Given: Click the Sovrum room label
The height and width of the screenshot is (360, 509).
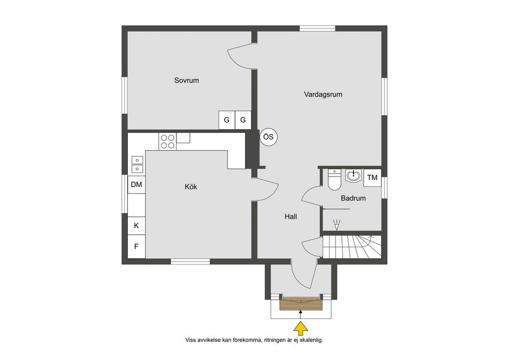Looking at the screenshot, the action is [x=186, y=80].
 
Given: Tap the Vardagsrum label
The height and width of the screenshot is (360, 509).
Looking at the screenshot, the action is [x=323, y=94].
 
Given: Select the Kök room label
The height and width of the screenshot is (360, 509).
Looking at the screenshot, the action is [x=191, y=186].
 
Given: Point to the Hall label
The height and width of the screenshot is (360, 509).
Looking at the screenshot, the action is [x=290, y=216].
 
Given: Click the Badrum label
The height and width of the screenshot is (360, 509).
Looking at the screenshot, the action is [x=353, y=198].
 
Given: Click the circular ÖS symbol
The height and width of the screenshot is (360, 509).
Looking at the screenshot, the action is [x=268, y=137].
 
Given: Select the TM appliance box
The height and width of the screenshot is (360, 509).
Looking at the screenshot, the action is [x=372, y=178].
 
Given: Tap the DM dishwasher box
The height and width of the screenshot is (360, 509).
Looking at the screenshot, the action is [x=136, y=184].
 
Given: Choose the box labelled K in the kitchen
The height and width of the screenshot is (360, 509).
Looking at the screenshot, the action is [x=136, y=226].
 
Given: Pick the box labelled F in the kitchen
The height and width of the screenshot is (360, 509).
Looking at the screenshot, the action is [x=136, y=247].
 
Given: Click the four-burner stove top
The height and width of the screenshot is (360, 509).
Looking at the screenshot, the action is [x=168, y=142].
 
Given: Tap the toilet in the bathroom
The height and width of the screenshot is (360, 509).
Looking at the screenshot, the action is [x=335, y=180].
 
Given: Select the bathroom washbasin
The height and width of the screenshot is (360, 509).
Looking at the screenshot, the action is [x=353, y=176].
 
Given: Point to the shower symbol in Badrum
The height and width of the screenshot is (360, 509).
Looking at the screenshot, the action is [x=337, y=225].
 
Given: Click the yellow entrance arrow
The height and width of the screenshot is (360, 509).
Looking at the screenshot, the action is [x=301, y=328].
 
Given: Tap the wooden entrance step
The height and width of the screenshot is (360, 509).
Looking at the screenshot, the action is [x=301, y=303].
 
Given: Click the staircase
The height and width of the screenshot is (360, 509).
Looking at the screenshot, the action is [x=352, y=247].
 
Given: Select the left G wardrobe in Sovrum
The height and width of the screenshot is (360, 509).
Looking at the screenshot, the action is [x=227, y=120].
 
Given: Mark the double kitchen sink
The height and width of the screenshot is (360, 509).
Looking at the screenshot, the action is [x=137, y=165].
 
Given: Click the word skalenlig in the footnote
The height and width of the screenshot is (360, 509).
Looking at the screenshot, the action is [x=311, y=340].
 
